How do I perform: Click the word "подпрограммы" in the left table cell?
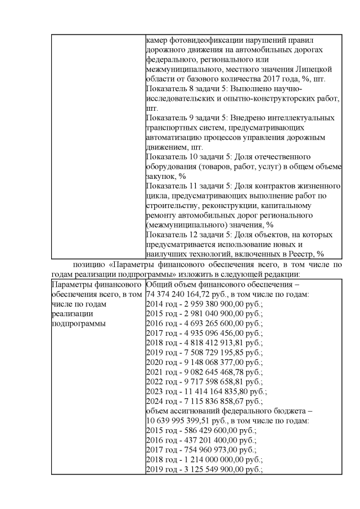coord(76,323)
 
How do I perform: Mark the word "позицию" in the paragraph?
coord(89,264)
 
